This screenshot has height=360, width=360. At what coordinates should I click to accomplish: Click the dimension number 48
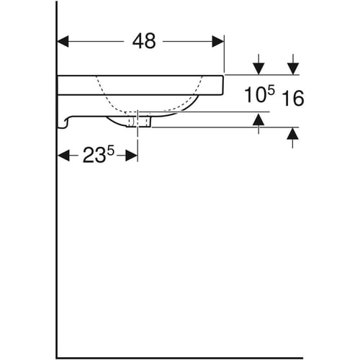(144, 41)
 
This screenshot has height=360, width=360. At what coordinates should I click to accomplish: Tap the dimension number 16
(293, 98)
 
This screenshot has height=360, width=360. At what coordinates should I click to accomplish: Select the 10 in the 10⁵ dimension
(255, 95)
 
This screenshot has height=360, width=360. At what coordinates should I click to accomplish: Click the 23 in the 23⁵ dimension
(94, 156)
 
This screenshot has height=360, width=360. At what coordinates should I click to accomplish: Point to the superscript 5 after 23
(111, 151)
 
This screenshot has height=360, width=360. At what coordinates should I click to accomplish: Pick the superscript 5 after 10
(271, 91)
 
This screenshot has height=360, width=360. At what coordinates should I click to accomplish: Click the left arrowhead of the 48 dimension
(63, 41)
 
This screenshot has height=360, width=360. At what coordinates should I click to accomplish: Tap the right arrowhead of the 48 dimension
(218, 41)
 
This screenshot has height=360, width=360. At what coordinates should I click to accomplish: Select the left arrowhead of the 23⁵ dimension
(64, 156)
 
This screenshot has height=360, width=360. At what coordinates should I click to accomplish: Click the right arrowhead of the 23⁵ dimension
(132, 156)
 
